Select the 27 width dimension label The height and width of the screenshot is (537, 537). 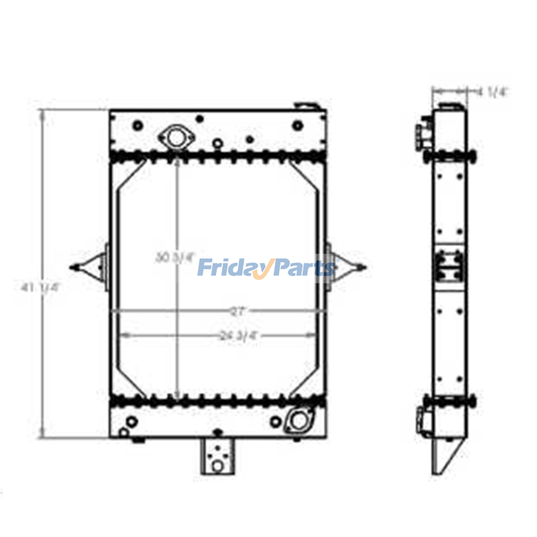click(x=238, y=312)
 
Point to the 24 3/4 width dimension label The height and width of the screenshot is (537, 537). click(x=238, y=335)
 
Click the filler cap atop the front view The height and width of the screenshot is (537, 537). click(x=306, y=106)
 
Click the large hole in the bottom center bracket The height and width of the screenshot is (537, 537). click(x=217, y=466)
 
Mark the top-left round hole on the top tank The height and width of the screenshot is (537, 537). click(x=138, y=126)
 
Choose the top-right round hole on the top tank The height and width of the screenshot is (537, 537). click(x=297, y=126)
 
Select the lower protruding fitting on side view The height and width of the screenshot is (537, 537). click(x=424, y=420)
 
